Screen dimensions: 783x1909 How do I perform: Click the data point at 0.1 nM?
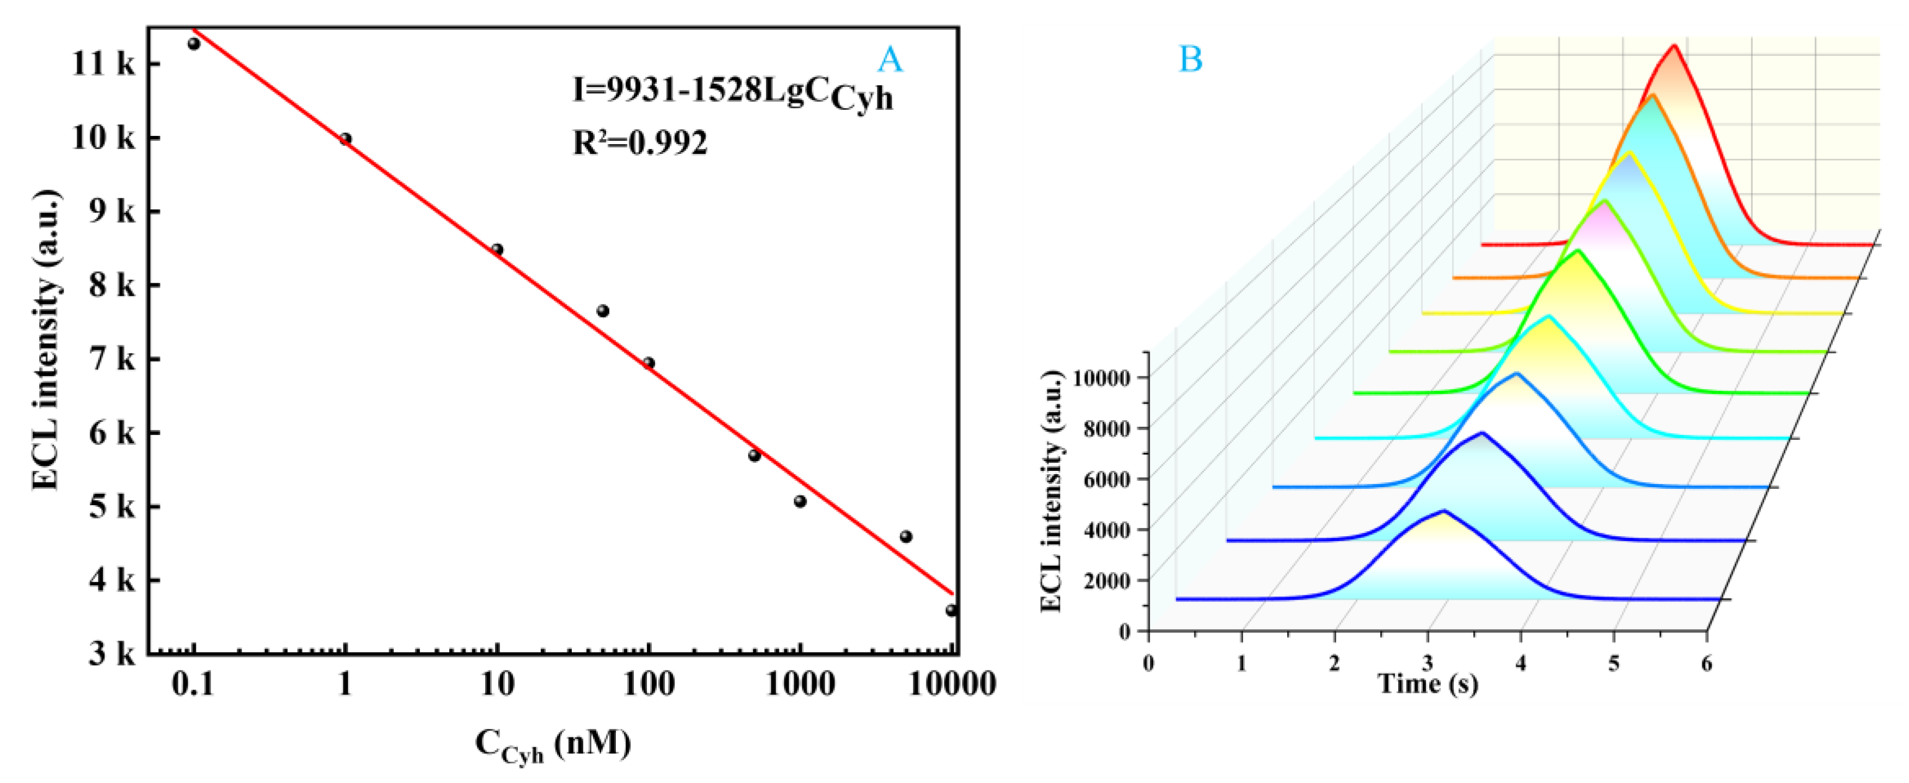pyautogui.click(x=194, y=43)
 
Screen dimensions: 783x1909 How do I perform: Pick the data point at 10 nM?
pyautogui.click(x=497, y=250)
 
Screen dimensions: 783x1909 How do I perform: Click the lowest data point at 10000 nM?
pyautogui.click(x=951, y=611)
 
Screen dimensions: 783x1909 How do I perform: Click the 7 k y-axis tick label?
pyautogui.click(x=111, y=360)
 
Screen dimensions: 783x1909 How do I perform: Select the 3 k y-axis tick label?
pyautogui.click(x=111, y=654)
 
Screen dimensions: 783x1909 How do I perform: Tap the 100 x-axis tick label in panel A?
pyautogui.click(x=648, y=683)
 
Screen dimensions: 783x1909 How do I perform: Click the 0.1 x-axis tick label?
pyautogui.click(x=193, y=683)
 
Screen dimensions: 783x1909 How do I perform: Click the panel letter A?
pyautogui.click(x=890, y=59)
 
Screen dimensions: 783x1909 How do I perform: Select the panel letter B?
pyautogui.click(x=1190, y=59)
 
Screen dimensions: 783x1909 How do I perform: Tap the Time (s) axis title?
pyautogui.click(x=1428, y=683)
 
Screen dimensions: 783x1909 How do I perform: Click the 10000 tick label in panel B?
pyautogui.click(x=1101, y=378)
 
